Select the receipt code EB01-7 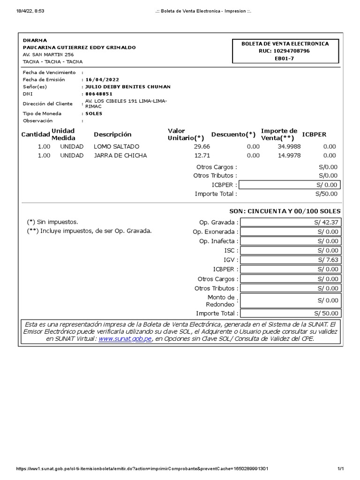click(x=285, y=59)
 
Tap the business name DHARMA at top click(x=35, y=40)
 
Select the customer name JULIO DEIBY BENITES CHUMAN click(x=127, y=87)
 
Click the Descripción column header click(x=112, y=135)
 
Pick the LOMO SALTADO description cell click(x=117, y=147)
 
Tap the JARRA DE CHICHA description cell click(x=120, y=156)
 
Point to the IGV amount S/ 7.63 click(x=328, y=260)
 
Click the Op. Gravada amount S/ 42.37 click(x=326, y=222)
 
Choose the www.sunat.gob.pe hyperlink click(x=125, y=339)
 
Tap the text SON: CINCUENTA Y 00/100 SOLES click(x=285, y=211)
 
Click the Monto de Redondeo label click(x=221, y=301)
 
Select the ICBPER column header click(x=314, y=135)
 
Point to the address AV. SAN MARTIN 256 click(x=48, y=54)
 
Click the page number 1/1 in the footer click(x=340, y=469)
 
